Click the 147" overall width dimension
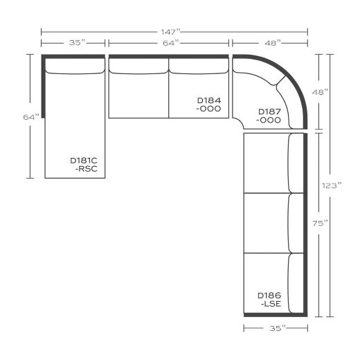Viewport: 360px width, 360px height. point(174,31)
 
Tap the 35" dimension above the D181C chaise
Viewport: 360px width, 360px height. point(77,43)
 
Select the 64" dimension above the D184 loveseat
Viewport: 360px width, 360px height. point(168,43)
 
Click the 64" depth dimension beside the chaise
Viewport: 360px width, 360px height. point(29,117)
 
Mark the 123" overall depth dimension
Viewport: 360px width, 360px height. point(337,186)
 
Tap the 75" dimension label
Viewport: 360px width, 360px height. point(321,223)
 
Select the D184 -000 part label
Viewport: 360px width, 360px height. point(208,105)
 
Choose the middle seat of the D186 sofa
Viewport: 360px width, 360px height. point(266,223)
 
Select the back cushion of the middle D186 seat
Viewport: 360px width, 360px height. point(297,223)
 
